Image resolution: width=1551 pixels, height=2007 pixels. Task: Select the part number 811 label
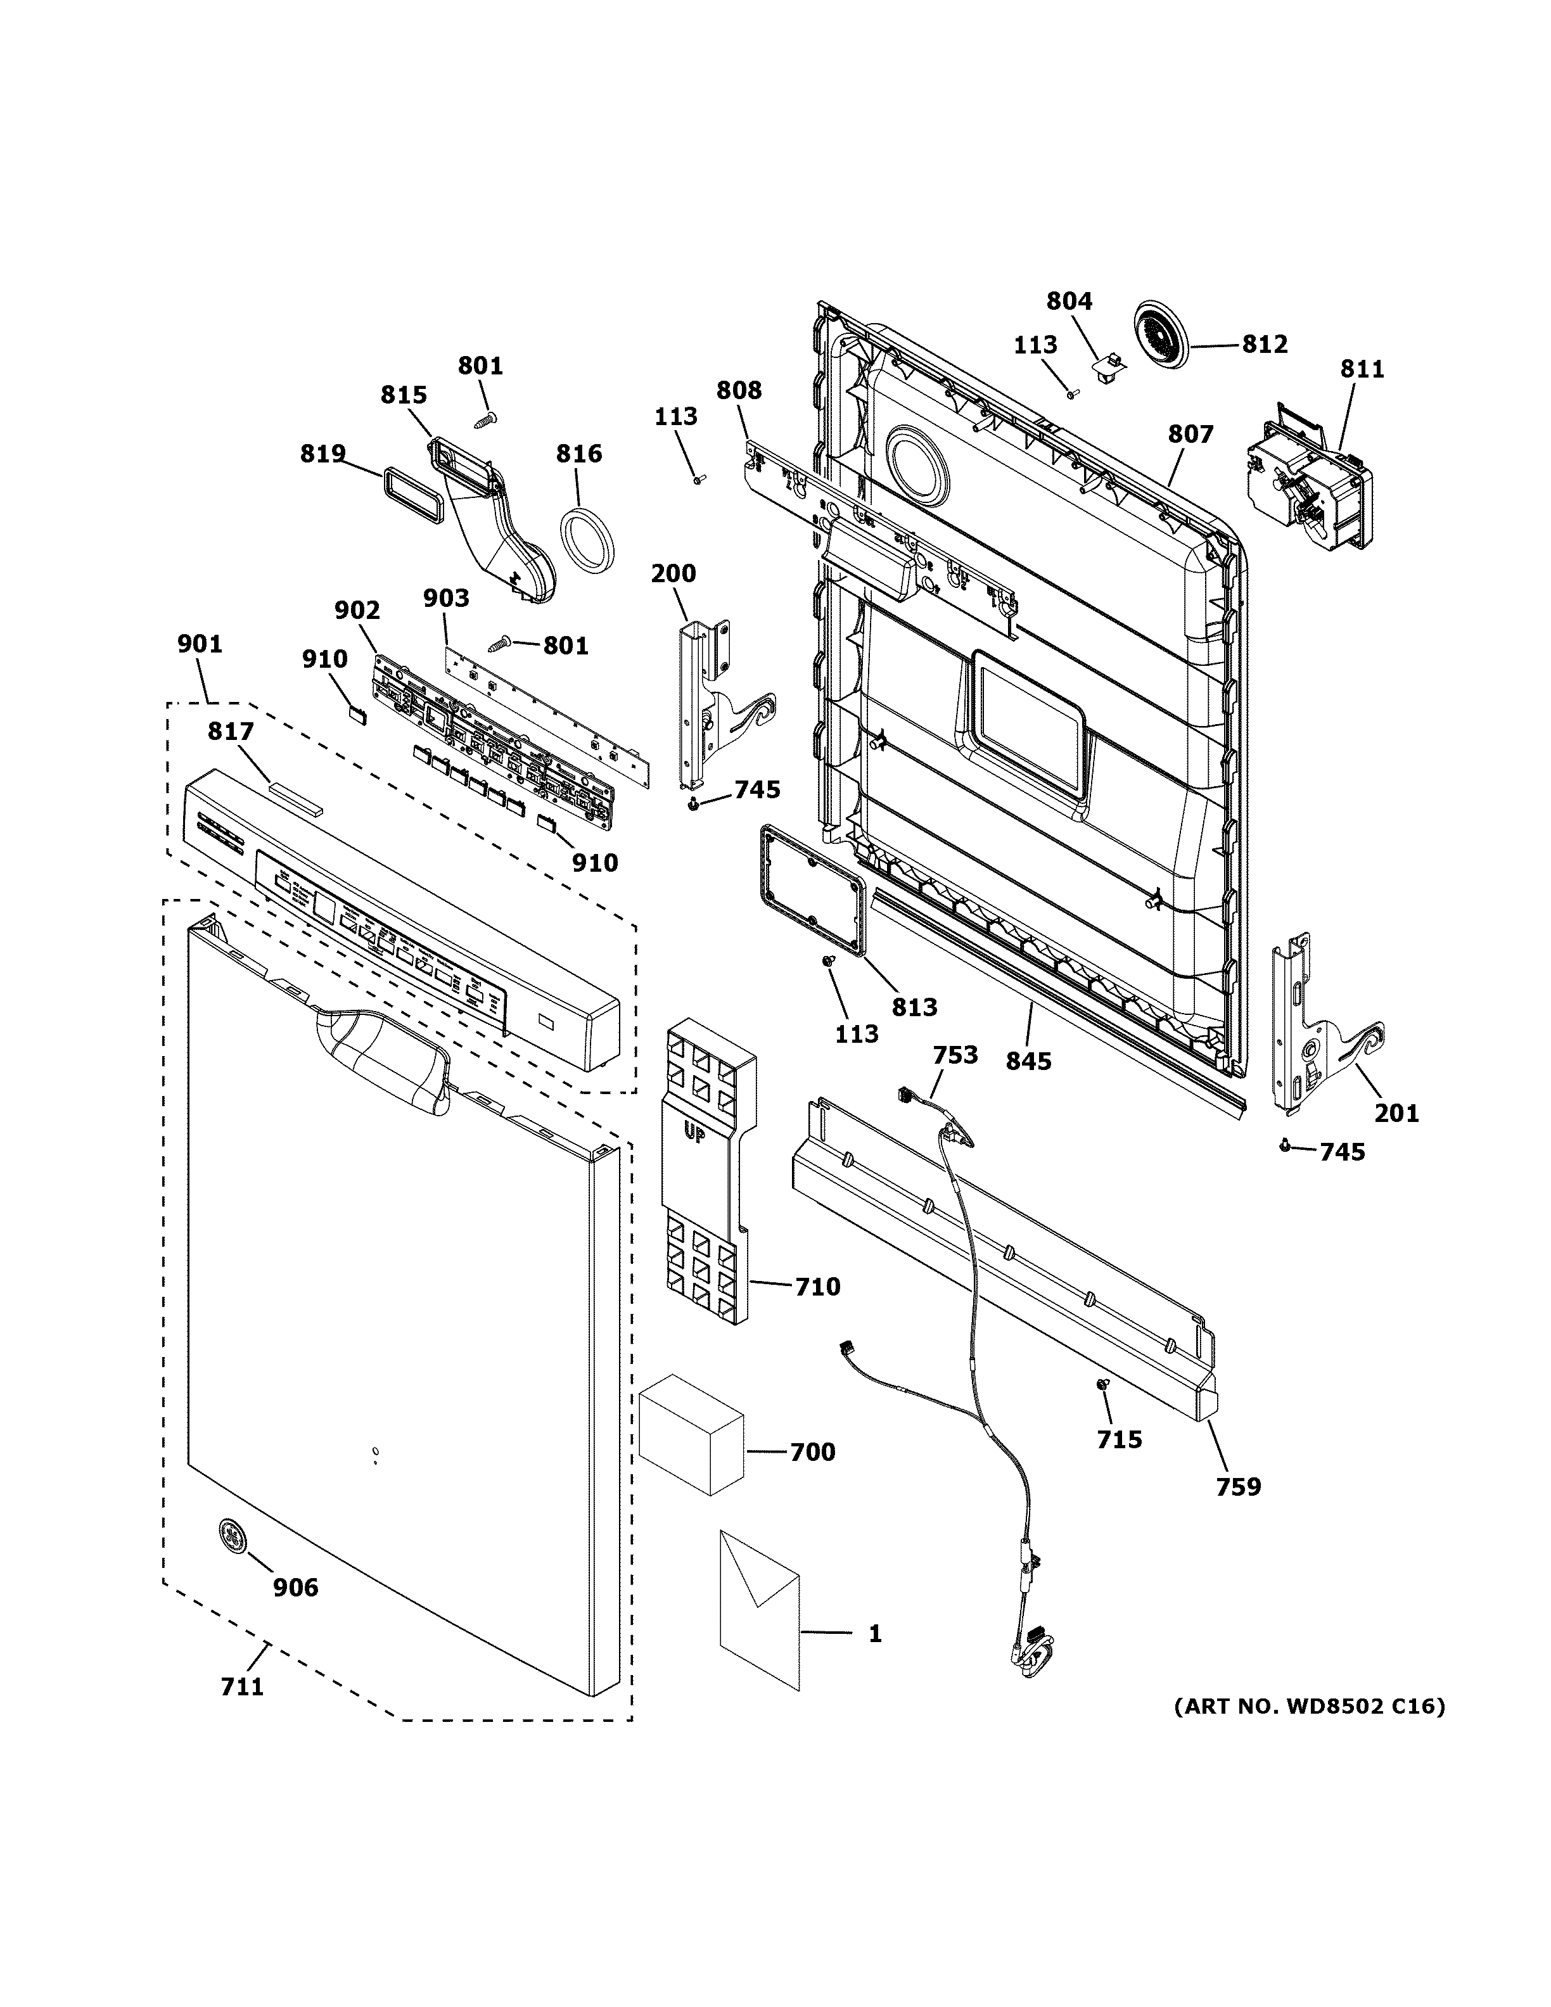(1362, 369)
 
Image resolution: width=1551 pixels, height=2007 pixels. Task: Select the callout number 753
(955, 1055)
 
